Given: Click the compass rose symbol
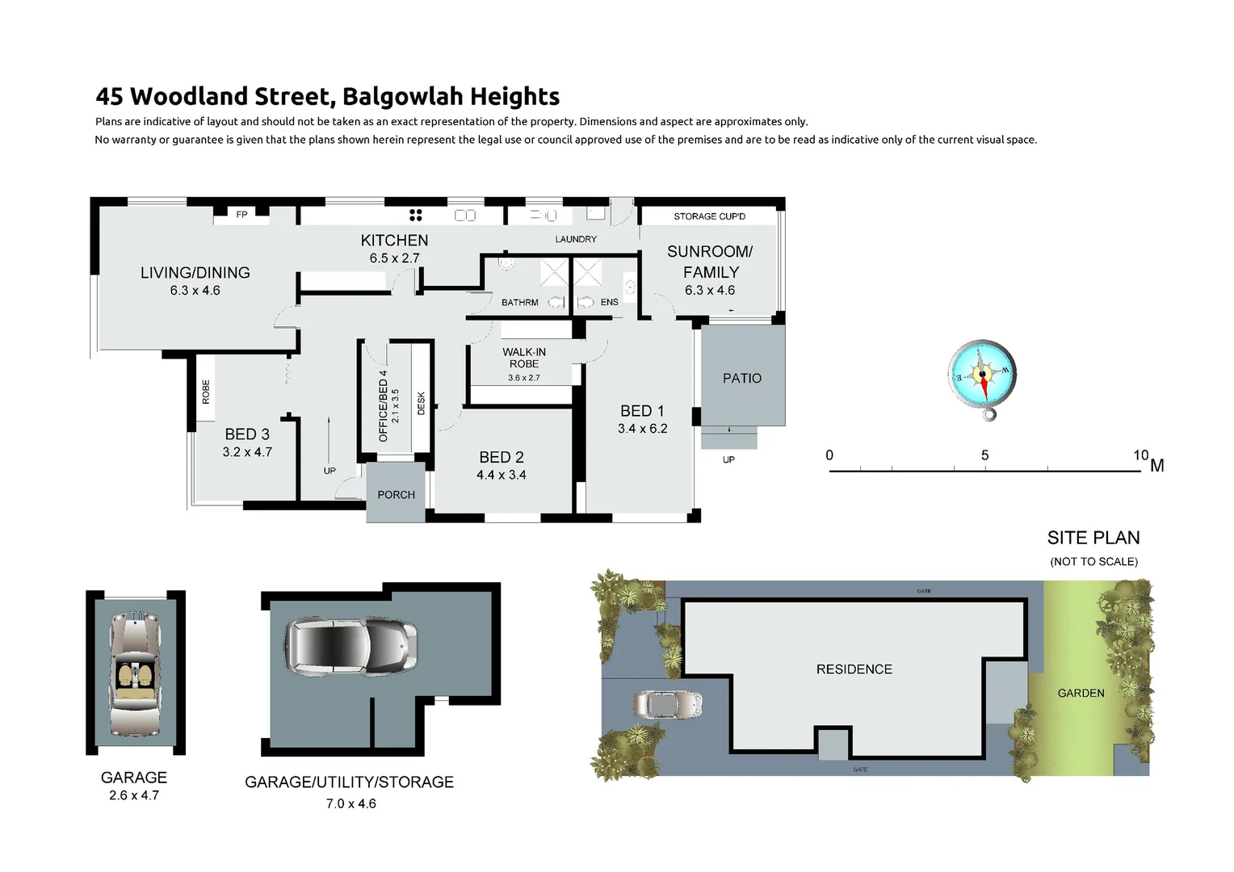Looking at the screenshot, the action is [x=982, y=375].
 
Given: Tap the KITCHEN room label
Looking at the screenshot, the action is [x=394, y=241].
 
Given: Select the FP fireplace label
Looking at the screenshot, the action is [x=241, y=215].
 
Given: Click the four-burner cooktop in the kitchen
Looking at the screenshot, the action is [x=416, y=215].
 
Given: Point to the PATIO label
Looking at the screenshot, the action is [x=741, y=378].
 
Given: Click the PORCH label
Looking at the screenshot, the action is [x=396, y=495].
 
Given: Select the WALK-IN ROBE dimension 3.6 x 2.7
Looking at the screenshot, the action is [x=524, y=378].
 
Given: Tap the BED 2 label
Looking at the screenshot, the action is [x=502, y=457].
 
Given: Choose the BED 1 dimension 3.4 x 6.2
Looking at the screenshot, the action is [x=642, y=429].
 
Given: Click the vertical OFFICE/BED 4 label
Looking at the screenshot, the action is [x=383, y=411].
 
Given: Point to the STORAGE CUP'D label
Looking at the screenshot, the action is [x=709, y=216].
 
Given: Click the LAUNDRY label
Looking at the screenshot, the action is [x=576, y=239].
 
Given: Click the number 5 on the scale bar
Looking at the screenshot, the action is [x=984, y=455].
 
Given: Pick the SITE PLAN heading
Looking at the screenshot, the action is [x=1093, y=538].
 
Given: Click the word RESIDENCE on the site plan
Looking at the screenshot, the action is [x=854, y=669].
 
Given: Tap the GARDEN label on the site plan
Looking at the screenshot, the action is [x=1081, y=693].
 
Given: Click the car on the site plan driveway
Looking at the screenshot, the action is [x=668, y=704].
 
